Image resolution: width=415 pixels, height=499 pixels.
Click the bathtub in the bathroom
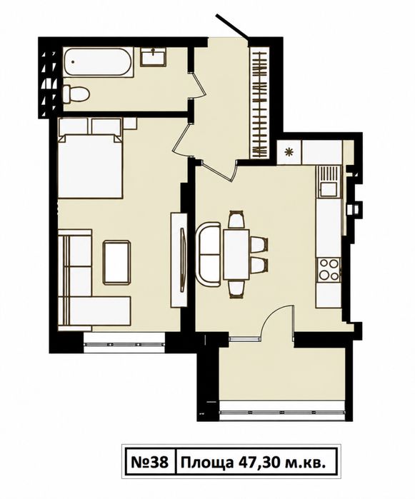coord(98,62)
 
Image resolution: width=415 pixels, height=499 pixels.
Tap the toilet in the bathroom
coord(76,94)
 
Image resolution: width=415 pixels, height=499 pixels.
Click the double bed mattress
coord(91,166)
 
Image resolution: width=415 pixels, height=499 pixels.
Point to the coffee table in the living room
coord(116,262)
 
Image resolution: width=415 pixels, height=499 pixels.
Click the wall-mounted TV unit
coord(179,260)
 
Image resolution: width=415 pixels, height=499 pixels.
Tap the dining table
coord(236,255)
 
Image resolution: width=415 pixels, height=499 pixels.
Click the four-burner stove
coord(329,270)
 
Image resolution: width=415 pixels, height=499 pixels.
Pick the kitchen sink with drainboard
coord(329,181)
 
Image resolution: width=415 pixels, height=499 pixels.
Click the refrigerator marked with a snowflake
coord(289,153)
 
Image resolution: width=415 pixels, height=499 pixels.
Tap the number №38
coord(149,463)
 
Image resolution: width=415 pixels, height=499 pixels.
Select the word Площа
coord(206,463)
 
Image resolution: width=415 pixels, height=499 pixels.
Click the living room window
coord(124,343)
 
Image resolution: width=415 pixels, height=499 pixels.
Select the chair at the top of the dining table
coord(236,220)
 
